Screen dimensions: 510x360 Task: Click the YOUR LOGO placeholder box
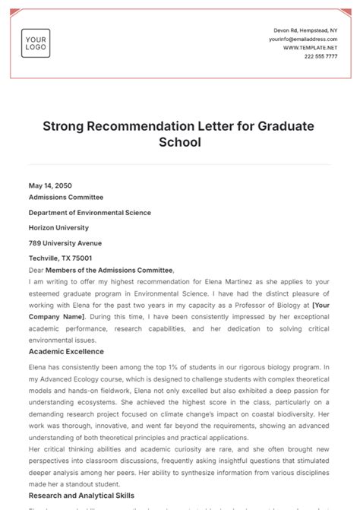[36, 43]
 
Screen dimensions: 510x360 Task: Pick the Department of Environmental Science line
[90, 213]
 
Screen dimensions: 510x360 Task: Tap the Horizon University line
[58, 227]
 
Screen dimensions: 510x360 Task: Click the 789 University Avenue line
[65, 243]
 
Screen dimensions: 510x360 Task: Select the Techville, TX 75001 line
[61, 258]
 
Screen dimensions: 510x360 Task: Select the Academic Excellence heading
[66, 351]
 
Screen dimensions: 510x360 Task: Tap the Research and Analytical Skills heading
[81, 495]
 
